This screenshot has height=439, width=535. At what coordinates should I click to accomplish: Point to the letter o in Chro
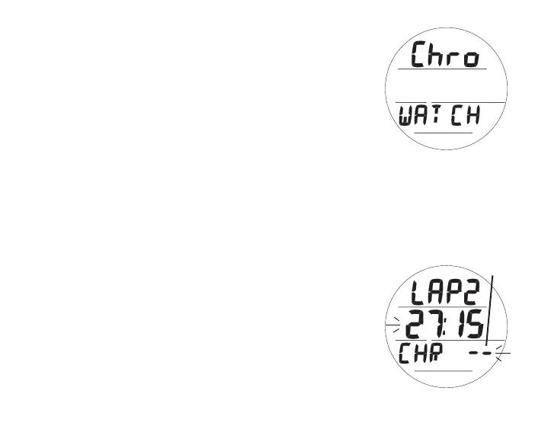pyautogui.click(x=472, y=59)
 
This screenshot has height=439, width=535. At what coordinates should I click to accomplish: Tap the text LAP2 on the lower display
pyautogui.click(x=441, y=292)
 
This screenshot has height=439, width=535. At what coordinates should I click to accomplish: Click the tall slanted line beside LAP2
pyautogui.click(x=489, y=305)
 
